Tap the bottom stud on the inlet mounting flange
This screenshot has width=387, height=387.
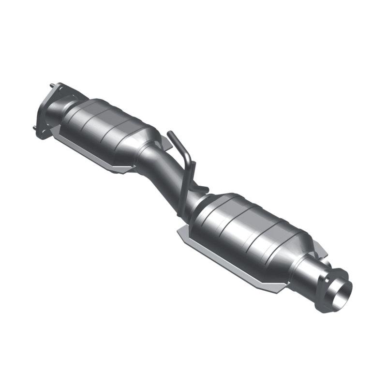coord(35,128)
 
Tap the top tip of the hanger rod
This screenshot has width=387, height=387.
coord(169,133)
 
